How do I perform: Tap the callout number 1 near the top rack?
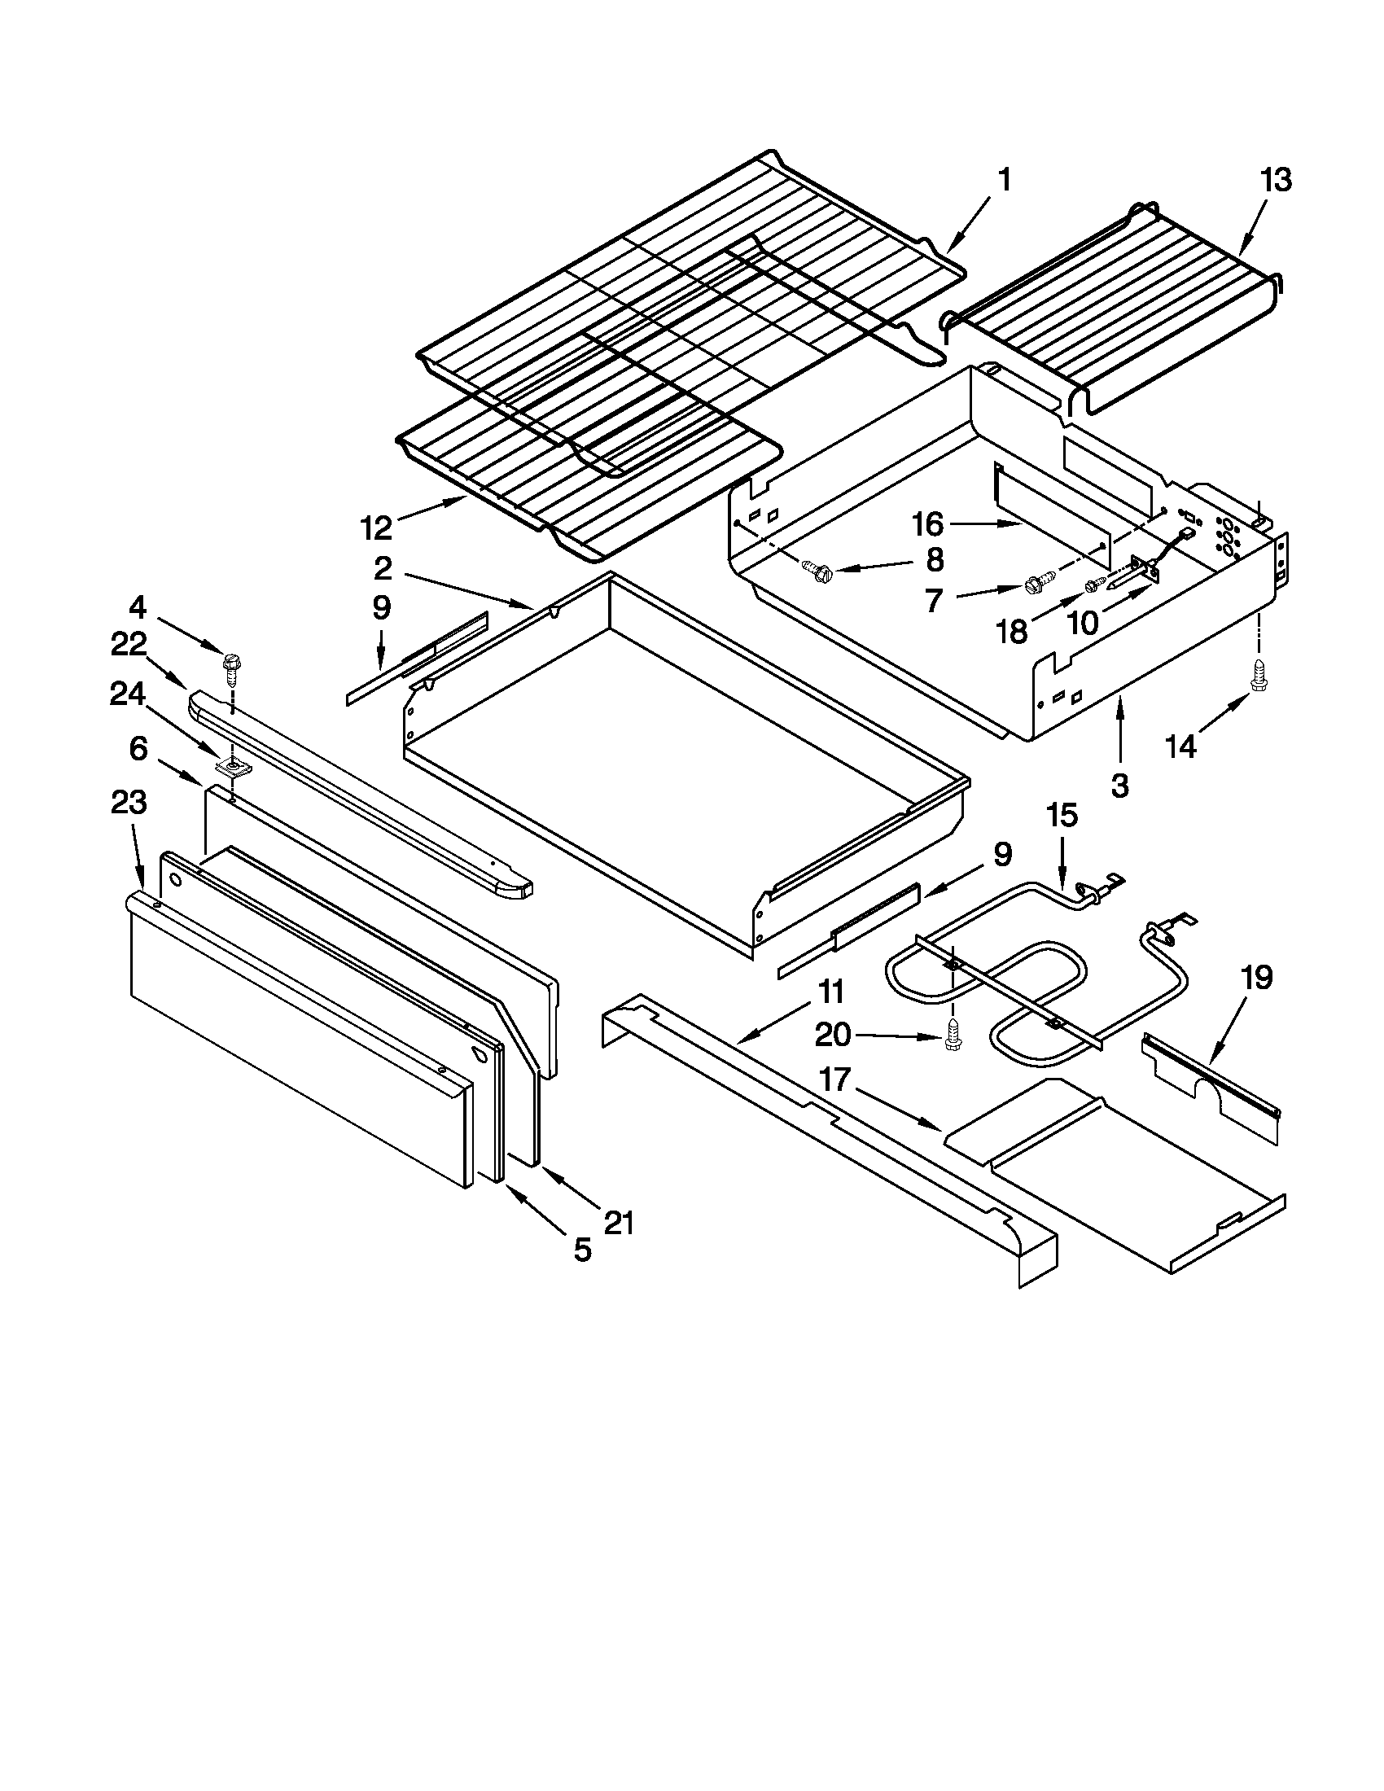pos(1005,180)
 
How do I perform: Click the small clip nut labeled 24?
pos(234,766)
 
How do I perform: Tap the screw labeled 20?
pos(953,1036)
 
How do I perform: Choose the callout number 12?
pos(376,528)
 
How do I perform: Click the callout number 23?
pos(129,803)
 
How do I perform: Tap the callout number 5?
pos(581,1250)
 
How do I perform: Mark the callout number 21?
pos(619,1223)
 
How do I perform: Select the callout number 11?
pos(830,992)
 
